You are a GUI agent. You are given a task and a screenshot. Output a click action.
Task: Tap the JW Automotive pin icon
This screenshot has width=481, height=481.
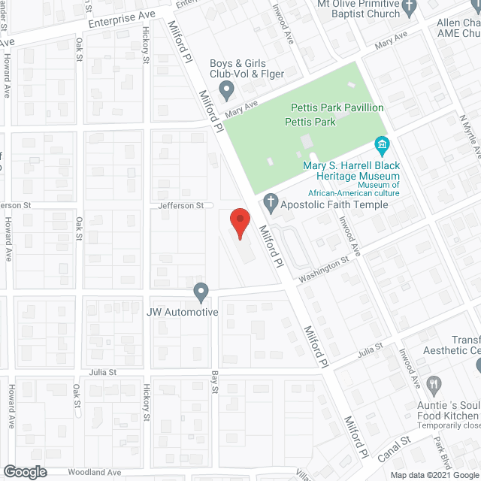click(201, 291)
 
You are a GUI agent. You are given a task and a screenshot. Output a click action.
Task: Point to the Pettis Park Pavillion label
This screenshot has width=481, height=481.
click(337, 108)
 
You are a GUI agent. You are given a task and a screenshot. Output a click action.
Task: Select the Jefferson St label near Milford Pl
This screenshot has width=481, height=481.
click(180, 205)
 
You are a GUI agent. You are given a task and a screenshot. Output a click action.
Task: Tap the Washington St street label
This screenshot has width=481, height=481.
click(323, 269)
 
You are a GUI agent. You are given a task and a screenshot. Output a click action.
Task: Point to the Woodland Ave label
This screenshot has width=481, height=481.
click(94, 472)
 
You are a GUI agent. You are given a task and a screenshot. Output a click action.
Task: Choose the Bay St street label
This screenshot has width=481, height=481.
click(214, 381)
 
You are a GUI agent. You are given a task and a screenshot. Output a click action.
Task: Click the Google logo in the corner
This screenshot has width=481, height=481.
click(24, 471)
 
